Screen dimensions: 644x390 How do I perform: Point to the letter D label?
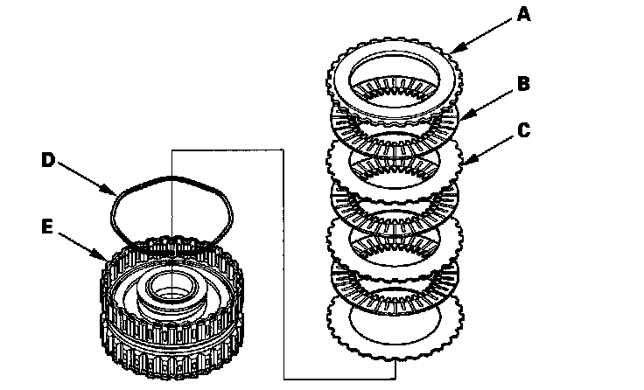tap(49, 159)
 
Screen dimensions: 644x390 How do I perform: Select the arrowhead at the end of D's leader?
tap(118, 194)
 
